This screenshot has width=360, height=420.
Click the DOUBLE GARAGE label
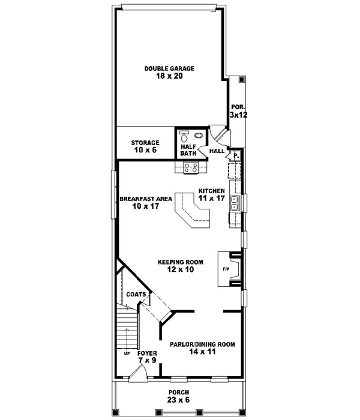point(169,68)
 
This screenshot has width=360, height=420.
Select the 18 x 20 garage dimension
point(169,77)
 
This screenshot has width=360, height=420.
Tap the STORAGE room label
point(145,143)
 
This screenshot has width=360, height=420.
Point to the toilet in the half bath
point(185,136)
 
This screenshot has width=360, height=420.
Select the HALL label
point(217,151)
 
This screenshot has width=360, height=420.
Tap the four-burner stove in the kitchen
point(191,169)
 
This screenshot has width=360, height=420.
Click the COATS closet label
point(136,295)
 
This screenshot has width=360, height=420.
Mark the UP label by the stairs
point(127,353)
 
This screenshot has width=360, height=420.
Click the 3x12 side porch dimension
point(238,113)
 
